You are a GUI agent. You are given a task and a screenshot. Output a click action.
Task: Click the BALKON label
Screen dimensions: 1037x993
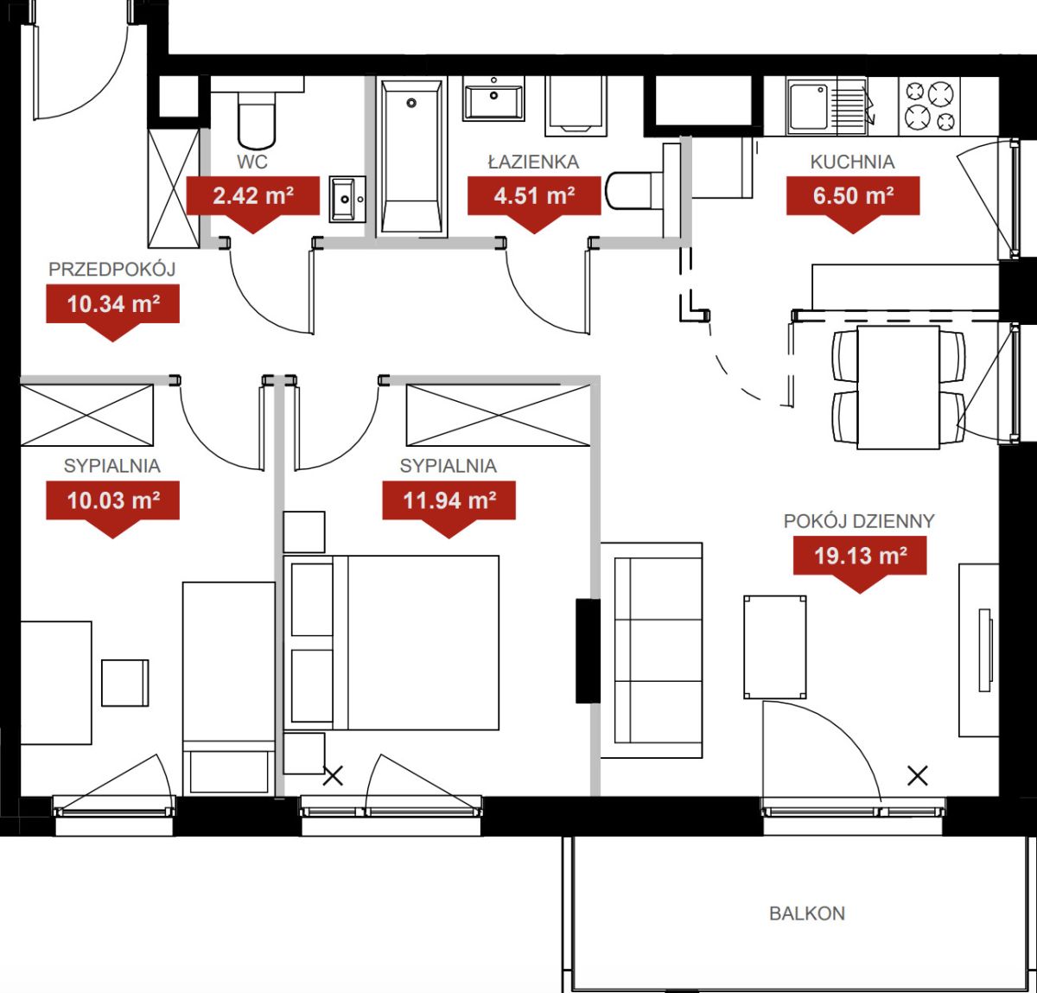(807, 913)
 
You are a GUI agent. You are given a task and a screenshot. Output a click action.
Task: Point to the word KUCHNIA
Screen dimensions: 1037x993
(852, 162)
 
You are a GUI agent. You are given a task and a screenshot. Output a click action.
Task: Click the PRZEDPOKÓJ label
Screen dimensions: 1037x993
(111, 269)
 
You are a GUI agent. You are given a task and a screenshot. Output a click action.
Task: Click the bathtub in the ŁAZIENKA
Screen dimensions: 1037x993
(411, 156)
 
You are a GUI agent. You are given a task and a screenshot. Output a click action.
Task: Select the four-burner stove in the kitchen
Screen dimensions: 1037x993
(930, 105)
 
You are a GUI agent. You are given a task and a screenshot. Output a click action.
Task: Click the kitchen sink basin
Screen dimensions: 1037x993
(809, 108)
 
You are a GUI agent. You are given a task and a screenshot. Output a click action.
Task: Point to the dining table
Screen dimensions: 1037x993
(898, 387)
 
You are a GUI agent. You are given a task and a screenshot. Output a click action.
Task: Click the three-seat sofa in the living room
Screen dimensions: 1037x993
(652, 650)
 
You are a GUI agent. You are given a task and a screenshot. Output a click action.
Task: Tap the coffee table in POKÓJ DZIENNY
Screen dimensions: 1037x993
(775, 647)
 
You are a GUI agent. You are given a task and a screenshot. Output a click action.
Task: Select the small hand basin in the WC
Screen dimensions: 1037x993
(347, 199)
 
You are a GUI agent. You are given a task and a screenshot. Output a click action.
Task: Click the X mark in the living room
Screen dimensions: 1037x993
(917, 775)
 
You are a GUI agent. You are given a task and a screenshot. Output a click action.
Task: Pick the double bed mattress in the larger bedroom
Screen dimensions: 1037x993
(423, 642)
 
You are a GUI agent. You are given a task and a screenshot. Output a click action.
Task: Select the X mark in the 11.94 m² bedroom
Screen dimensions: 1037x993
(333, 775)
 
